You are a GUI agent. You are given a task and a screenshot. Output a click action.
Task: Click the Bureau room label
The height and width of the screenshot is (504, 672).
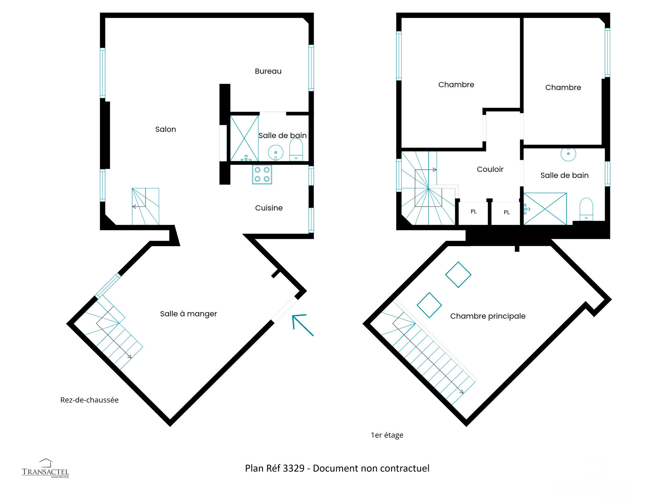click(x=268, y=71)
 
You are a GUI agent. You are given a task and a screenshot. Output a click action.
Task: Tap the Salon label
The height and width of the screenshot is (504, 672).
click(x=166, y=129)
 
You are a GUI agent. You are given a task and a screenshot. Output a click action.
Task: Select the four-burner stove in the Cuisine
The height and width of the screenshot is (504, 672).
click(x=262, y=174)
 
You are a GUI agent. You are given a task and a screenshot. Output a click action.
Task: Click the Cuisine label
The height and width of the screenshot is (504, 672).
click(x=269, y=208)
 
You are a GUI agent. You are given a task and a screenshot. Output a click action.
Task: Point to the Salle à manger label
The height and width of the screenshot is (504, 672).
click(x=188, y=314)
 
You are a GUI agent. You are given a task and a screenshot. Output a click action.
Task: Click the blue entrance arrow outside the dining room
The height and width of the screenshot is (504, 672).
click(x=302, y=325)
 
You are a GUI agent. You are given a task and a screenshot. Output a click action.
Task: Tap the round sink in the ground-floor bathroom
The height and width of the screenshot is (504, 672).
click(x=275, y=153)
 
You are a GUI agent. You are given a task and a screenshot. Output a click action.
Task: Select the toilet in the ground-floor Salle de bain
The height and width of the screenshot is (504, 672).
click(x=296, y=150)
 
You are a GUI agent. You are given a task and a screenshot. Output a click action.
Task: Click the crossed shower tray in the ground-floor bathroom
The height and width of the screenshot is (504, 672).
click(x=244, y=138)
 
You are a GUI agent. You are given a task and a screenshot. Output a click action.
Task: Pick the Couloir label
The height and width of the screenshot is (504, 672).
click(x=490, y=169)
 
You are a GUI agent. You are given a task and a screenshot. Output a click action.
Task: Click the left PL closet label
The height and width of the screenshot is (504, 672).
click(x=474, y=211)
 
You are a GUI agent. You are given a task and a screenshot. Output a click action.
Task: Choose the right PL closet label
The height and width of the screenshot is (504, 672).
click(x=506, y=212)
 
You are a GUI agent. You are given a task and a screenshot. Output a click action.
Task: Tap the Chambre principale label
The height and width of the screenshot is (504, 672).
click(x=488, y=316)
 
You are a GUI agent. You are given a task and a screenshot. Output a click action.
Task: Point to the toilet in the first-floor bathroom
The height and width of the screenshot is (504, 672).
click(x=586, y=209)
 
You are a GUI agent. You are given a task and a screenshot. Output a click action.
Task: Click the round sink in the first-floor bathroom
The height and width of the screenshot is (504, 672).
click(x=568, y=154)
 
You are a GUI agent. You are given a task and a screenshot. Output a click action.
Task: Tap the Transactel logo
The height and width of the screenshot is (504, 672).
click(x=45, y=468)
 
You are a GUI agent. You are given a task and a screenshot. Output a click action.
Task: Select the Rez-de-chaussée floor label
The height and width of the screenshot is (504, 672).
click(x=89, y=400)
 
